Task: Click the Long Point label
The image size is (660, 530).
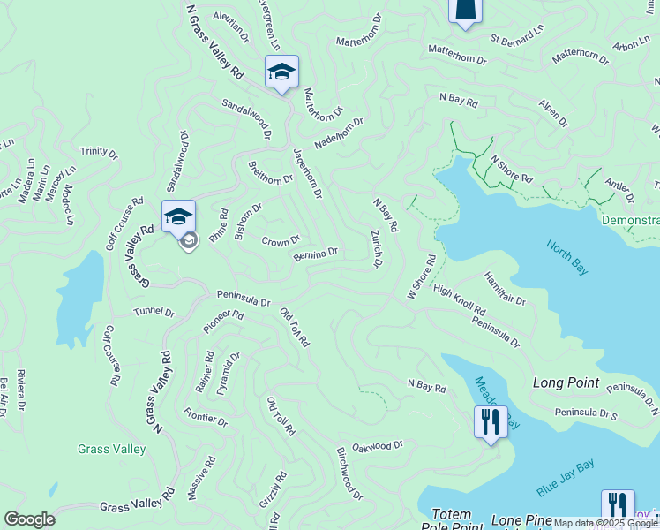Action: [x=566, y=382]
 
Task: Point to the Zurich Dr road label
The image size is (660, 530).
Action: [x=377, y=249]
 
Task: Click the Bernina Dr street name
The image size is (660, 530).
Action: [x=316, y=254]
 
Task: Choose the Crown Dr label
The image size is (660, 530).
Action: [x=281, y=239]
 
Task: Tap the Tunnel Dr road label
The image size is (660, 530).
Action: [x=154, y=312]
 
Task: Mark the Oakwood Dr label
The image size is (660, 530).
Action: [x=377, y=447]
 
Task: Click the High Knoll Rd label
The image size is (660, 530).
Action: [x=459, y=301]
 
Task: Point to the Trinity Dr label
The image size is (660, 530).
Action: [x=98, y=153]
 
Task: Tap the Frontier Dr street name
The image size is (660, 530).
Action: [x=206, y=417]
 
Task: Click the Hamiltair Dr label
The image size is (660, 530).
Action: [x=505, y=289]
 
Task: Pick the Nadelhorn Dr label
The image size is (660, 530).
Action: [x=338, y=135]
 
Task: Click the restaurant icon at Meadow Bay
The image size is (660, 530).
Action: [x=491, y=420]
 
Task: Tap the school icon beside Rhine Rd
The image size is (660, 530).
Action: [x=178, y=216]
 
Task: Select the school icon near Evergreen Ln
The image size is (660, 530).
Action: [x=281, y=71]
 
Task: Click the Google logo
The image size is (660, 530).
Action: [x=29, y=519]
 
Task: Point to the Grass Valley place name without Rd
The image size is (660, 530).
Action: [x=111, y=449]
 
